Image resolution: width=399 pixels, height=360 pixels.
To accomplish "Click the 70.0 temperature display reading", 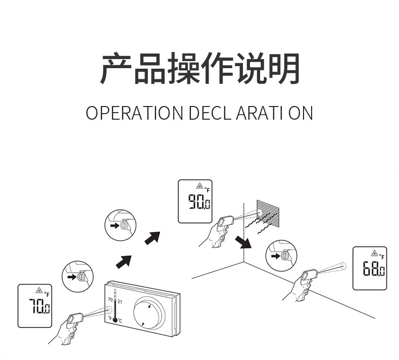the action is click(39, 306).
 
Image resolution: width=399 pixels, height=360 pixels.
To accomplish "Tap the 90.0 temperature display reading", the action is click(199, 203).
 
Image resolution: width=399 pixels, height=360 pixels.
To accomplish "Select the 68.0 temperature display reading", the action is click(373, 269).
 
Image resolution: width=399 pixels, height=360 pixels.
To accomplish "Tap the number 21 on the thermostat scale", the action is click(120, 300).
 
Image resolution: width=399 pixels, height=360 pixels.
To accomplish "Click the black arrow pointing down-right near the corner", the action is click(244, 242).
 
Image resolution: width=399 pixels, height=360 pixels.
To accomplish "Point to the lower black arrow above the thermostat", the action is click(124, 262).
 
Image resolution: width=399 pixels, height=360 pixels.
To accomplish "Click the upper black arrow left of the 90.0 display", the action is click(152, 237).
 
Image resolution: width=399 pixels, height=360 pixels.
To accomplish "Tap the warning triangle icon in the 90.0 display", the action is click(199, 186).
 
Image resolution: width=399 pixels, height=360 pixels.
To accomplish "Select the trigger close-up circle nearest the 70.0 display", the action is click(78, 276).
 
